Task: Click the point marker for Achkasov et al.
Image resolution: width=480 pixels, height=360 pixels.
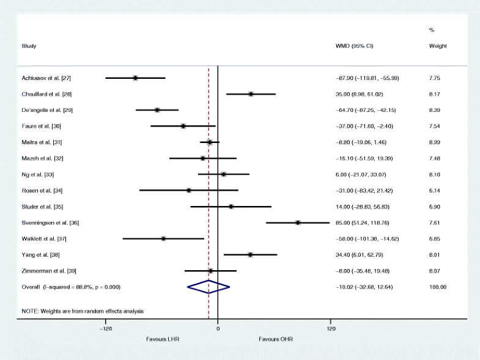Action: pos(135,78)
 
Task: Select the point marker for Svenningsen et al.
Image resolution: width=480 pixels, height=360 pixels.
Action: pos(298,222)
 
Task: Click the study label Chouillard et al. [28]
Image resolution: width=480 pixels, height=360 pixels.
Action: pos(45,94)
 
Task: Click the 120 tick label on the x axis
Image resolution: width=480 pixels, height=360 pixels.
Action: pos(330,328)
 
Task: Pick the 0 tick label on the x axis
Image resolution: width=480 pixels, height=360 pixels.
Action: pos(218,328)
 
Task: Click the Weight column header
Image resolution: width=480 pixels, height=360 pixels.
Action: pos(438,46)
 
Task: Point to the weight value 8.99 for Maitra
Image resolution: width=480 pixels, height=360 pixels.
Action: pos(435,142)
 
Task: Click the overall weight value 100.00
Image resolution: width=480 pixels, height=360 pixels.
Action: pos(438,287)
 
